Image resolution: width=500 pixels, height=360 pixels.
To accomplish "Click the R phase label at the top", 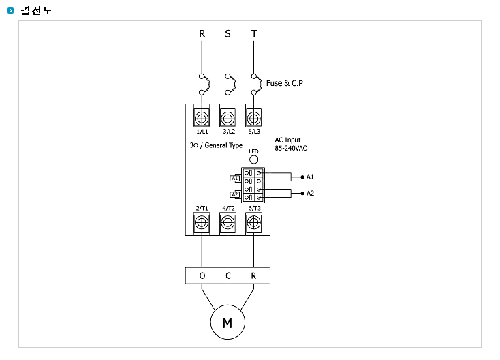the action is tap(202, 34).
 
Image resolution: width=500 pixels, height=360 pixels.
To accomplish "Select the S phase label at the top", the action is tap(228, 34).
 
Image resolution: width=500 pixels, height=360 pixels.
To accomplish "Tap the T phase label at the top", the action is tap(254, 34).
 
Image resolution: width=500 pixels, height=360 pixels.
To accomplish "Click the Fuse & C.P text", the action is tap(285, 83).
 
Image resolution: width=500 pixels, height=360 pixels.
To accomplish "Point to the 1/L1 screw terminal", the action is tap(202, 119).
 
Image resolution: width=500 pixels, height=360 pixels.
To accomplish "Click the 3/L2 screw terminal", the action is tap(228, 119).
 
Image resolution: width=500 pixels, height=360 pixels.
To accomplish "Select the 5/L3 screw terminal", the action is tap(254, 119).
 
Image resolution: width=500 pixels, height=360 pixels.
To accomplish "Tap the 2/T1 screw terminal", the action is tap(202, 222).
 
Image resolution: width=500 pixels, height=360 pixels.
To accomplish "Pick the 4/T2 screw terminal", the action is tap(228, 222).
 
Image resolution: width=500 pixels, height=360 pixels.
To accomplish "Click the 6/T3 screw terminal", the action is tap(254, 222).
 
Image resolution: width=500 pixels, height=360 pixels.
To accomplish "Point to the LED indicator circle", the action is tap(253, 160).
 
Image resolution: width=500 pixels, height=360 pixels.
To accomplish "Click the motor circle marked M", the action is tap(228, 322).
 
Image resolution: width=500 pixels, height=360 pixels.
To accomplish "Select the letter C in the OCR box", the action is tap(228, 275).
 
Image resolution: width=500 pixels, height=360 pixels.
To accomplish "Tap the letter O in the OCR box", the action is tap(202, 275).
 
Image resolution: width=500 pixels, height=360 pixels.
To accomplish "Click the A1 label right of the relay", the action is tap(310, 177).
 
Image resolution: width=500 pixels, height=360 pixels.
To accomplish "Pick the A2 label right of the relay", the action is tap(310, 194).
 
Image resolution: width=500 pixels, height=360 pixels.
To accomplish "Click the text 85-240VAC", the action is tap(291, 149).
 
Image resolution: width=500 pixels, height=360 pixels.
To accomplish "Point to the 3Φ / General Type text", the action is tap(216, 145).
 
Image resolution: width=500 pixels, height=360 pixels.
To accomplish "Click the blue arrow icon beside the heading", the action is tap(10, 10).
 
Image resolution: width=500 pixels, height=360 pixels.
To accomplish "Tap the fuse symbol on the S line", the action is tap(231, 85).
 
